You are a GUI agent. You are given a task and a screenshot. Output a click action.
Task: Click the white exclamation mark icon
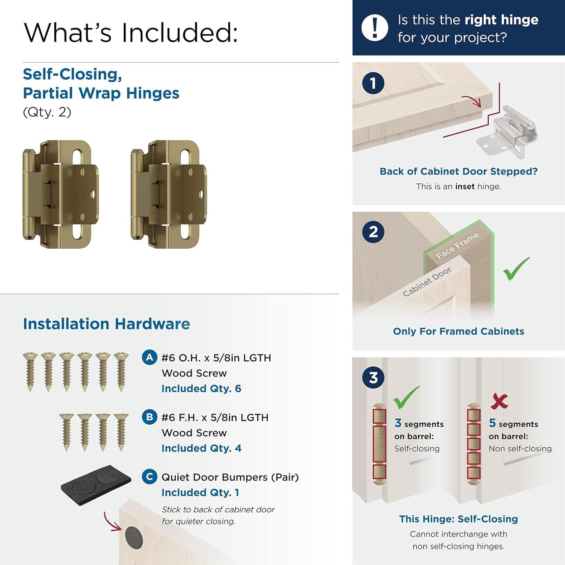(375, 28)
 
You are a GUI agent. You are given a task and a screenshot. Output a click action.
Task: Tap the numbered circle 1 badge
(373, 83)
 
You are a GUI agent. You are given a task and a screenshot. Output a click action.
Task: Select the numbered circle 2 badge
(373, 232)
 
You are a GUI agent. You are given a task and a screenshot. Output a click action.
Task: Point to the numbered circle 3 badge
(373, 378)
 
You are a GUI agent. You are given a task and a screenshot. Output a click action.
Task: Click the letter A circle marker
(149, 357)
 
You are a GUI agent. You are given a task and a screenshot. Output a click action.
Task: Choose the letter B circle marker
(149, 417)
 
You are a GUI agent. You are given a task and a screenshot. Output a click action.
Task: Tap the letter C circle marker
(149, 477)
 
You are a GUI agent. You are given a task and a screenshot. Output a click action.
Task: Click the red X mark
(499, 401)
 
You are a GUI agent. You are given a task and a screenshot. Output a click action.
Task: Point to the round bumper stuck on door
(134, 537)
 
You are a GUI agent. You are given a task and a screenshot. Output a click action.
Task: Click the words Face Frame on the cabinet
(457, 246)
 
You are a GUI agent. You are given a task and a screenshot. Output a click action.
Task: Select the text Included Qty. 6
(201, 388)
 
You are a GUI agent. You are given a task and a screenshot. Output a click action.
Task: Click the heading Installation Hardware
(106, 324)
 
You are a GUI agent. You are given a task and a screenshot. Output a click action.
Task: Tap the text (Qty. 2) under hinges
(47, 112)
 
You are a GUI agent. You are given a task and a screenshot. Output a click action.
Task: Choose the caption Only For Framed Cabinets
(458, 331)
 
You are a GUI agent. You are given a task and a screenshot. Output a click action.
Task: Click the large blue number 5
(492, 423)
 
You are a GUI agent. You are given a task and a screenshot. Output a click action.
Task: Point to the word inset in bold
(465, 187)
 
